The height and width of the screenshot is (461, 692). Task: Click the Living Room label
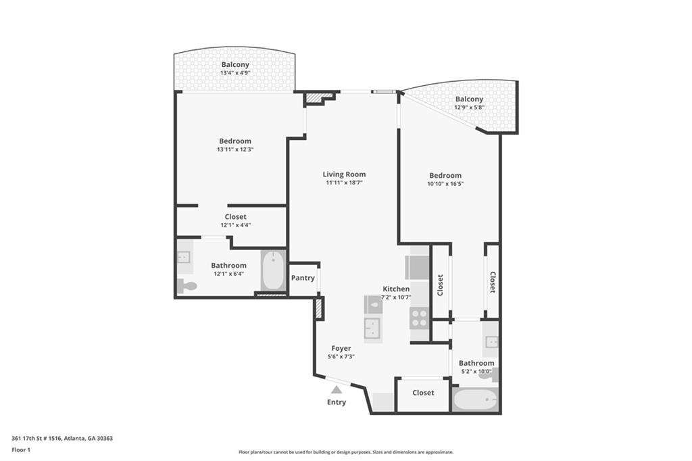(x=344, y=174)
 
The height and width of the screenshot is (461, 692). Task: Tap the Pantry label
(x=302, y=278)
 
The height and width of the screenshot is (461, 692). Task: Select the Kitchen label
(x=396, y=289)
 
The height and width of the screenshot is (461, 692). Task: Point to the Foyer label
(x=341, y=348)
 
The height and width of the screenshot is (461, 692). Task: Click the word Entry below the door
(x=337, y=402)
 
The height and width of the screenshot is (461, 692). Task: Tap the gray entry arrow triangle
(x=337, y=389)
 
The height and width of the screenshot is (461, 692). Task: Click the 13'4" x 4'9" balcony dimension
(x=234, y=73)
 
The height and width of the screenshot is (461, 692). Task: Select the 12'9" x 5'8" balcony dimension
(x=469, y=107)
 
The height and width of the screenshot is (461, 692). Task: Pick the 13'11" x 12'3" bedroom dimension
(x=234, y=149)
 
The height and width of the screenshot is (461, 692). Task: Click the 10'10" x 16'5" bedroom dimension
(x=445, y=184)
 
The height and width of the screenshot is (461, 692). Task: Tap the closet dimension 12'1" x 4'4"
(x=235, y=225)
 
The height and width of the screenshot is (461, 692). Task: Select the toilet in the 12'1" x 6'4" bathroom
(x=187, y=287)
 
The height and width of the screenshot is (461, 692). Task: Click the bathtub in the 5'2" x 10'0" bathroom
(x=475, y=400)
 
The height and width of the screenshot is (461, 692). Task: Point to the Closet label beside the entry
(x=423, y=393)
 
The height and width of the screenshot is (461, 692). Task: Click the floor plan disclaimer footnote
(x=345, y=452)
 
